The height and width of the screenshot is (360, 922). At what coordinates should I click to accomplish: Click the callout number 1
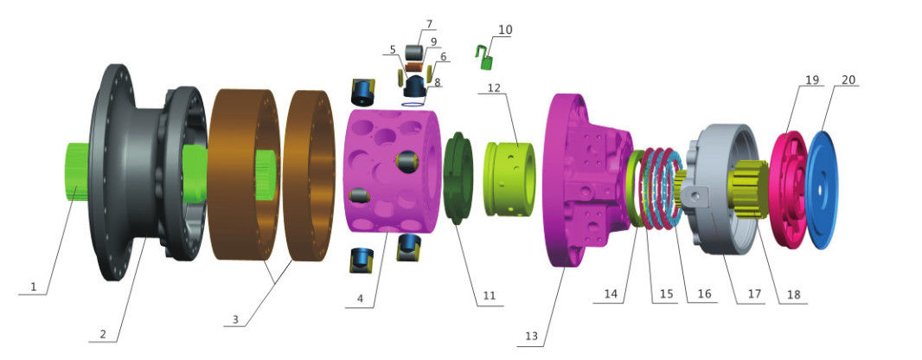point(34,287)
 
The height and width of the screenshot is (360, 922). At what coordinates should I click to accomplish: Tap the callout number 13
point(532,337)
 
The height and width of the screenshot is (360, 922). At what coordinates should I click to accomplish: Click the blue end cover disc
point(822,183)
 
